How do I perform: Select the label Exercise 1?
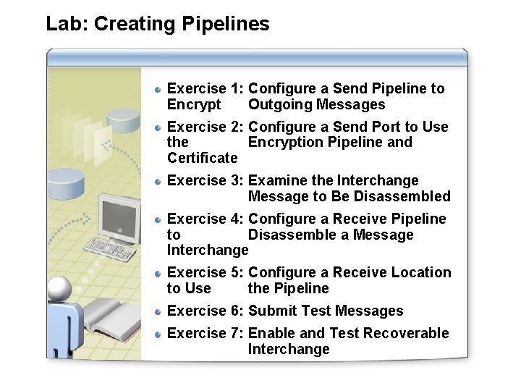coord(206,89)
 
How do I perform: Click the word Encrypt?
coord(194,105)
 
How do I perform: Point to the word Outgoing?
coord(278,105)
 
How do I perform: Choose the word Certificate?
coord(202,159)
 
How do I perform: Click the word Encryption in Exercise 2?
coord(285,143)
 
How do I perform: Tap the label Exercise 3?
coord(206,181)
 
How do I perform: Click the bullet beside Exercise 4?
coord(158,219)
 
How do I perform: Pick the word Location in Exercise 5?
coord(420,273)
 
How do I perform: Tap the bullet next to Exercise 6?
coord(158,311)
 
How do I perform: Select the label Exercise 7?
coord(206,334)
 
